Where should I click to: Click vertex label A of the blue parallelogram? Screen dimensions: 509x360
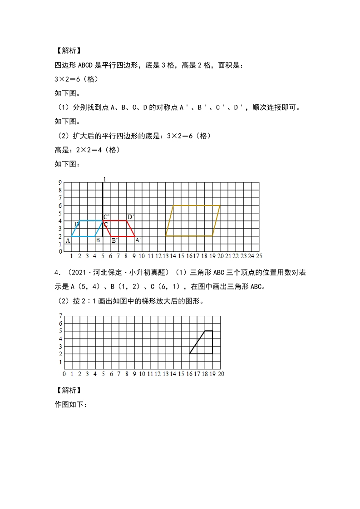68,241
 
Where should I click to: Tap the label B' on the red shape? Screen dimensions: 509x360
114,240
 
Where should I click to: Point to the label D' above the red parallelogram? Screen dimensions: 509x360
131,217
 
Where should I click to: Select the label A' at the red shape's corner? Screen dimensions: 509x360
138,240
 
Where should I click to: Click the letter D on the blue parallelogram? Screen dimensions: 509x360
77,224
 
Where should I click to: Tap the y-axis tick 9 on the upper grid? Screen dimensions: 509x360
59,182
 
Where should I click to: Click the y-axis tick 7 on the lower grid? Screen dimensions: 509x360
59,315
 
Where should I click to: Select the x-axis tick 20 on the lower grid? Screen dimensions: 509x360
221,374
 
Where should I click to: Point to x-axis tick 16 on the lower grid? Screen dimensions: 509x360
190,374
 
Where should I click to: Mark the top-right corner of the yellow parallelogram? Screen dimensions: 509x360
220,206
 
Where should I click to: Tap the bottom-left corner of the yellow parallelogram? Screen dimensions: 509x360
166,236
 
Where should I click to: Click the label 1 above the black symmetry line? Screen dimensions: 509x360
104,180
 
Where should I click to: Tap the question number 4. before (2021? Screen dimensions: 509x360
57,272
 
